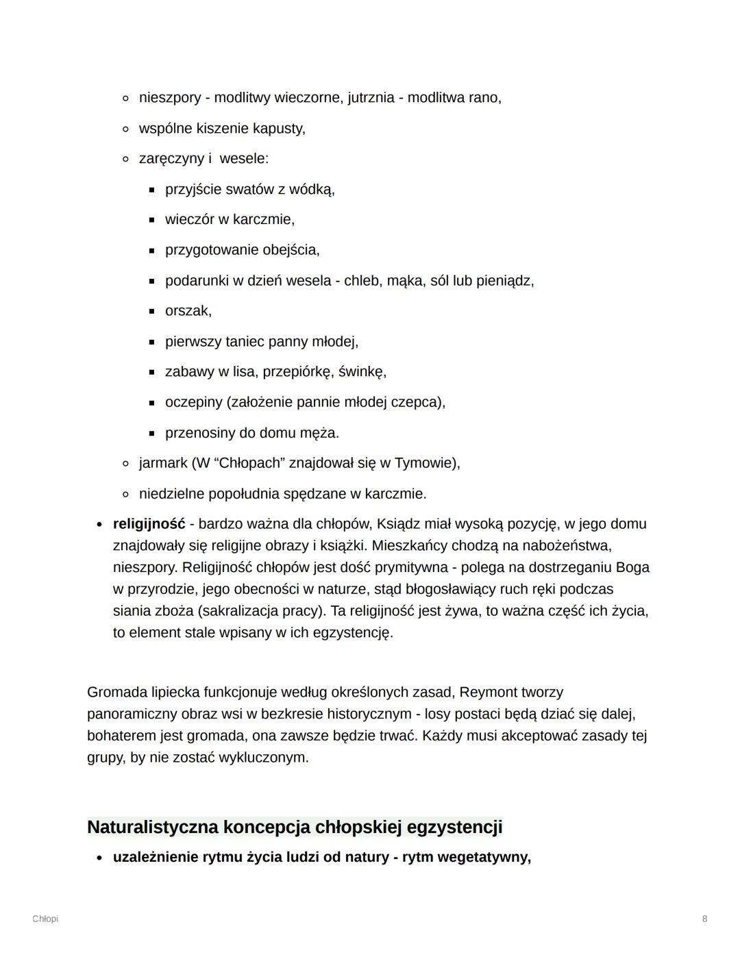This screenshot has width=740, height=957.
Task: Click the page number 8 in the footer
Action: (x=704, y=919)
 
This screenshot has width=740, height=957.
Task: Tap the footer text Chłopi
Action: (x=45, y=919)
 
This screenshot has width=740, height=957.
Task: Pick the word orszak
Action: (x=188, y=311)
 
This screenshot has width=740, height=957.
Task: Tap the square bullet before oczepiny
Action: (x=152, y=403)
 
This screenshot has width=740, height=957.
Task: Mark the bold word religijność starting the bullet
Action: (x=149, y=524)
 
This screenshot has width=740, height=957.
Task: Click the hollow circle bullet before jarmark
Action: (x=125, y=464)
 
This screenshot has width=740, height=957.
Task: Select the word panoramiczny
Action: (x=132, y=714)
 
